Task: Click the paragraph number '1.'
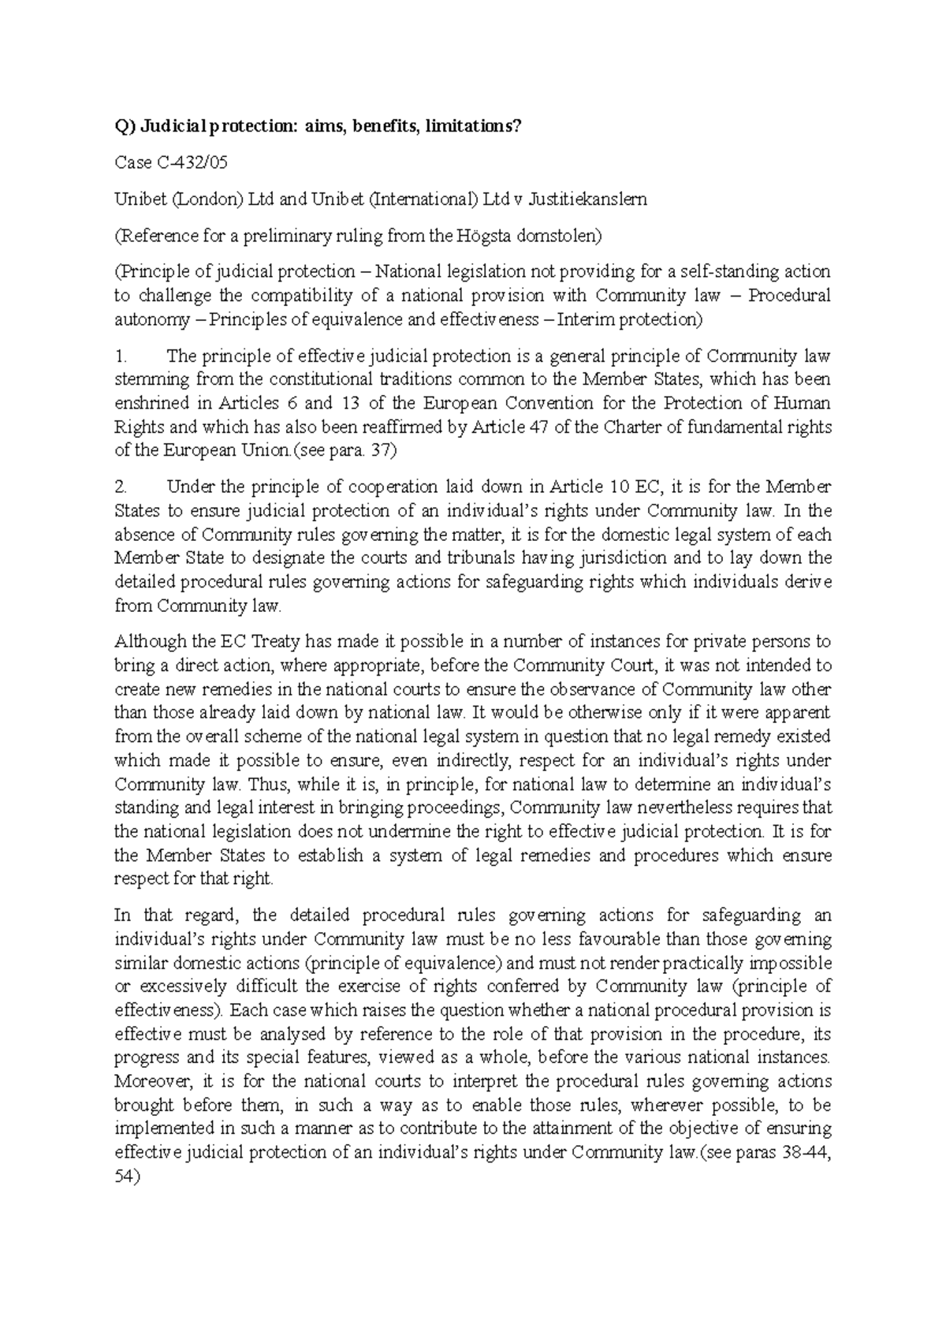click(121, 356)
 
